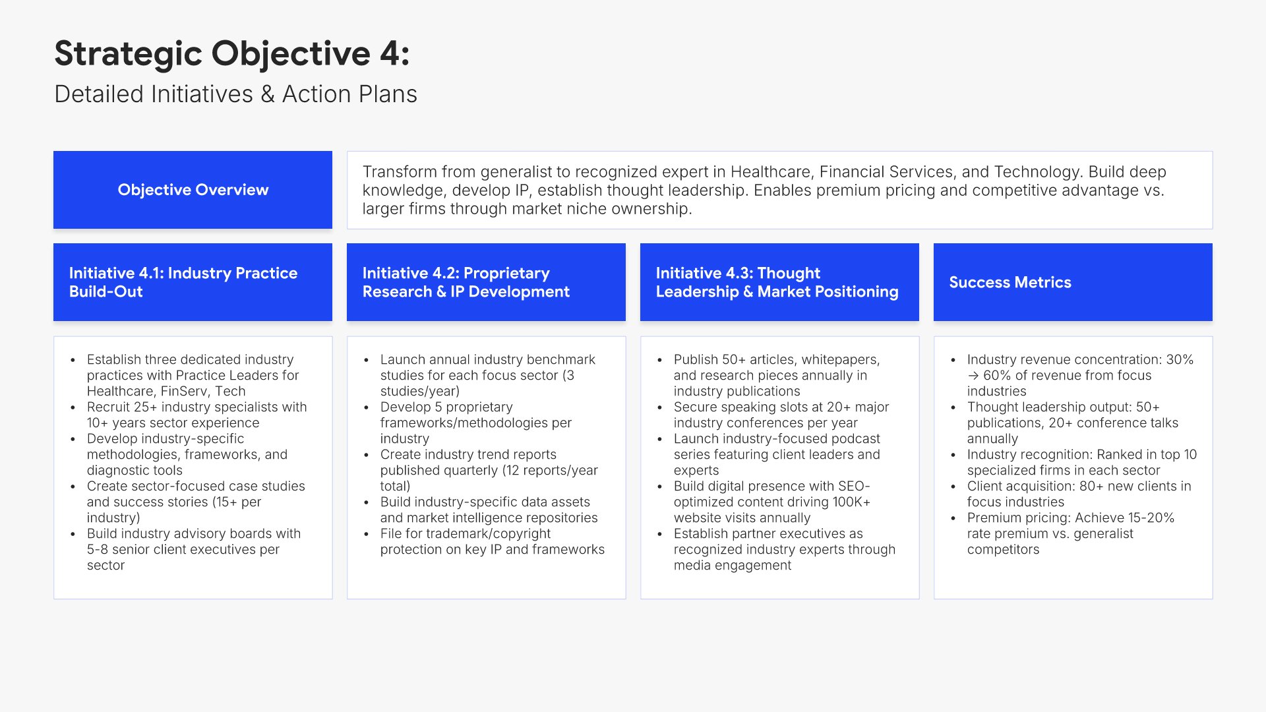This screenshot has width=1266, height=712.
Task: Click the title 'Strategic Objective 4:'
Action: pos(232,54)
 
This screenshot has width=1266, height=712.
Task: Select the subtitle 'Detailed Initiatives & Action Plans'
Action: pos(236,94)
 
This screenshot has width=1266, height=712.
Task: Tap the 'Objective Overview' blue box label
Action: pos(193,190)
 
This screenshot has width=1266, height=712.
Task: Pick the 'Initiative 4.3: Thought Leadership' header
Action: pos(777,282)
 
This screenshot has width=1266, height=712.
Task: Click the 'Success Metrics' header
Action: pos(1010,282)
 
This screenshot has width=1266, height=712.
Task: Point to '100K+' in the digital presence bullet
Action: pos(851,502)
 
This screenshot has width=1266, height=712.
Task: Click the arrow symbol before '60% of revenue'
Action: pos(973,375)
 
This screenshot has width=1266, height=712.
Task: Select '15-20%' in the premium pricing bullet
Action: pos(1151,518)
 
